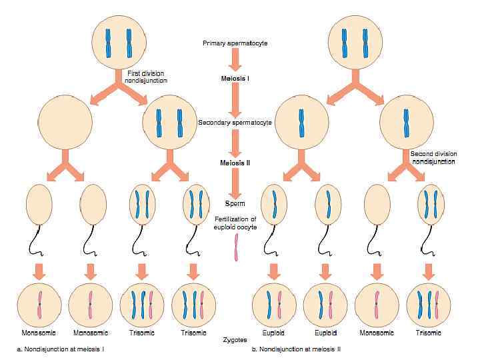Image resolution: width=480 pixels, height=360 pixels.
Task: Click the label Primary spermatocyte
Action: click(234, 43)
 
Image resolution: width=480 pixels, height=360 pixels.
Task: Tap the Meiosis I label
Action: click(234, 78)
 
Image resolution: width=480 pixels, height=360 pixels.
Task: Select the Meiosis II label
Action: click(234, 162)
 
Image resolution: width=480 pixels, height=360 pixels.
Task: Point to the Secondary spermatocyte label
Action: click(234, 123)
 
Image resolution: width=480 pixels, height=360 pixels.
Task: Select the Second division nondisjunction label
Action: click(433, 157)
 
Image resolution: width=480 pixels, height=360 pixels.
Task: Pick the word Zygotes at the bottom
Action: click(235, 339)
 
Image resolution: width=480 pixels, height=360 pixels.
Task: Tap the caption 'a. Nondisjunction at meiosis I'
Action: click(61, 349)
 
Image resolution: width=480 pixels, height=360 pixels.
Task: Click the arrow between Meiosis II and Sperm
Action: click(234, 181)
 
